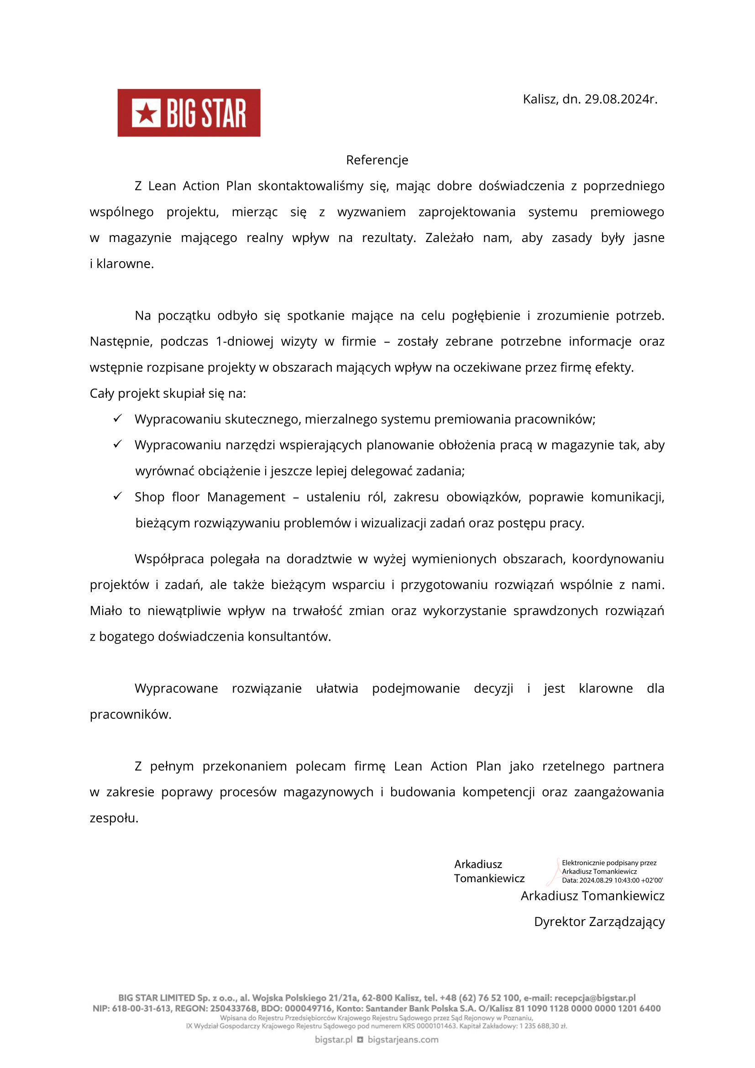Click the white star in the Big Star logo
coord(146,113)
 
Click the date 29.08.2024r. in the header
coord(621,99)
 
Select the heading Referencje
coord(377,160)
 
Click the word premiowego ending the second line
coord(627,212)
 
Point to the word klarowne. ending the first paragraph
coord(125,264)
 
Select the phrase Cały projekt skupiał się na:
coord(168,394)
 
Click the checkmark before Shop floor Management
coord(118,496)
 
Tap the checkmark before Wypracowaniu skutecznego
coord(118,418)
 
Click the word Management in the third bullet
coord(246,497)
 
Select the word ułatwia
coord(336,689)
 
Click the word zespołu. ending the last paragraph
coord(114,818)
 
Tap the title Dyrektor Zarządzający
coord(599,921)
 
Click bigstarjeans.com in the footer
coord(403,1039)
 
